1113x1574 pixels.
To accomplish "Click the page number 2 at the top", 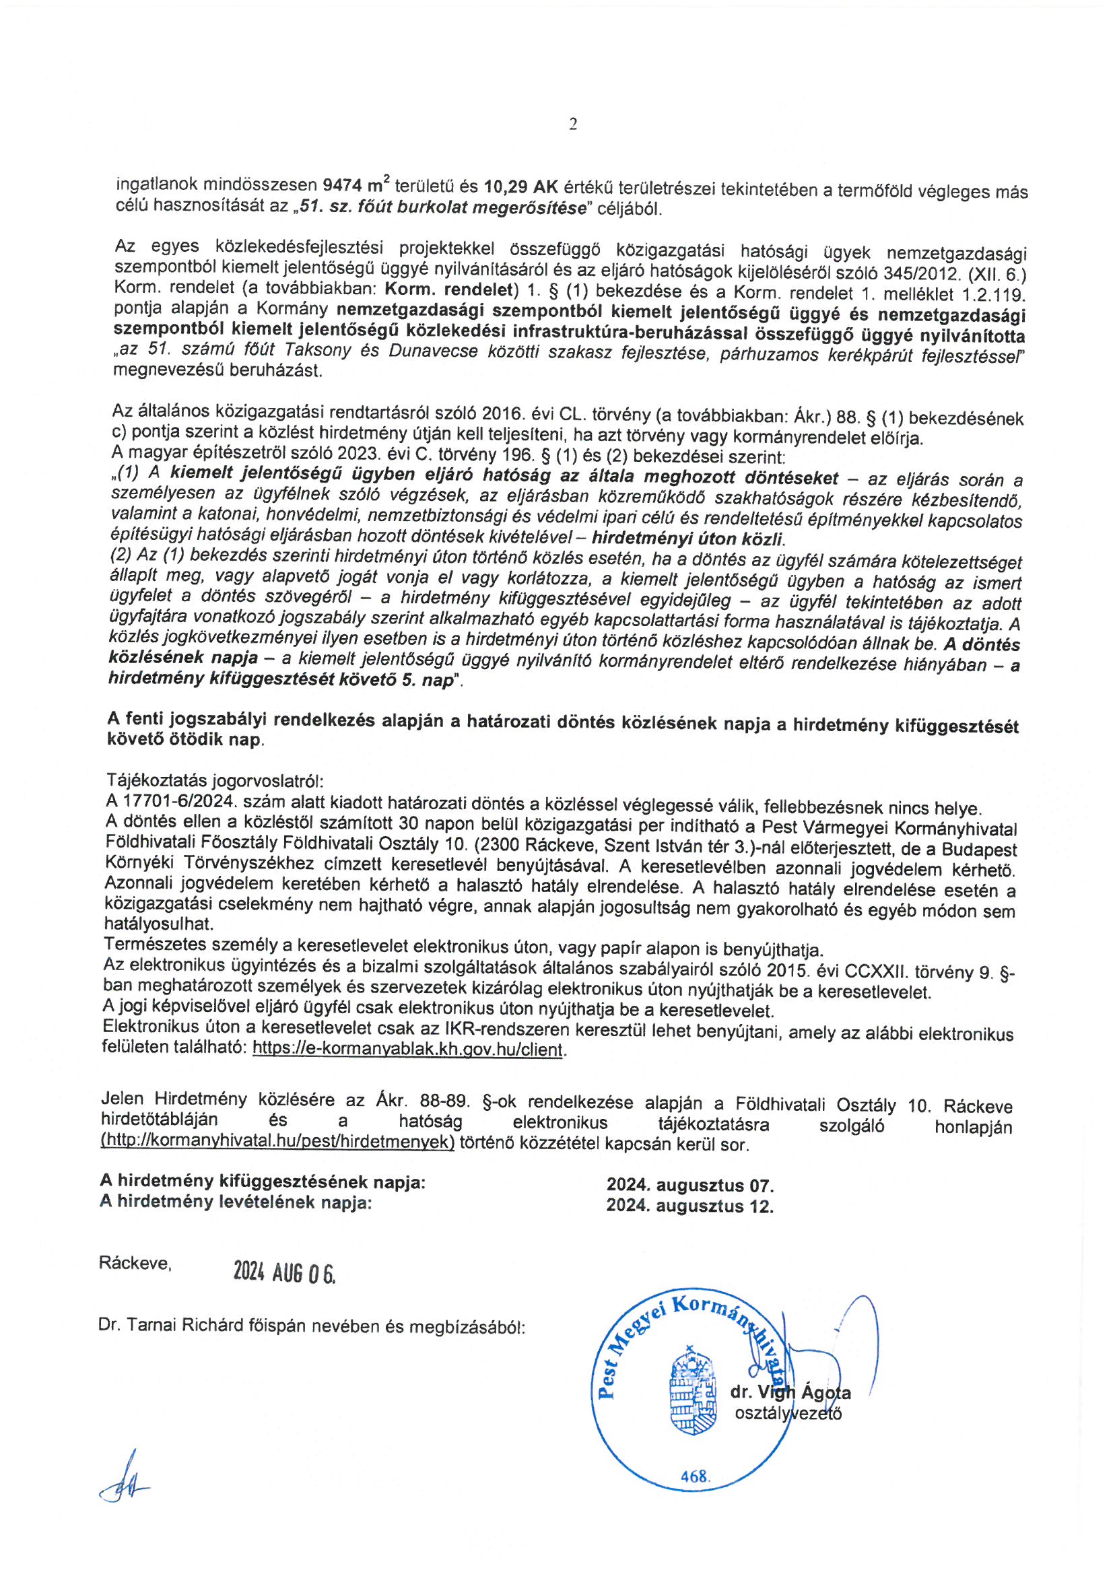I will point(572,124).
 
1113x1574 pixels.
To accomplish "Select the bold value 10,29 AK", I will point(522,186).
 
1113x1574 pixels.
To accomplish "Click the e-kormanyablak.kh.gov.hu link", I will point(407,1049).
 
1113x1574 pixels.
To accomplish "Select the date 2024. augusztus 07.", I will point(689,1186).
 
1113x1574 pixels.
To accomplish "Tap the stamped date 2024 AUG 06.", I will point(284,1272).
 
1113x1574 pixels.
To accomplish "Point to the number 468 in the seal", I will point(694,1496).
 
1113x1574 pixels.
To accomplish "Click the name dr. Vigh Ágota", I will point(790,1392).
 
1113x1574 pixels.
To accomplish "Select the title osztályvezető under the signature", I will point(787,1413).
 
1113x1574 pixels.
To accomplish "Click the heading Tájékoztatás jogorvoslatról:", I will point(215,780).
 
